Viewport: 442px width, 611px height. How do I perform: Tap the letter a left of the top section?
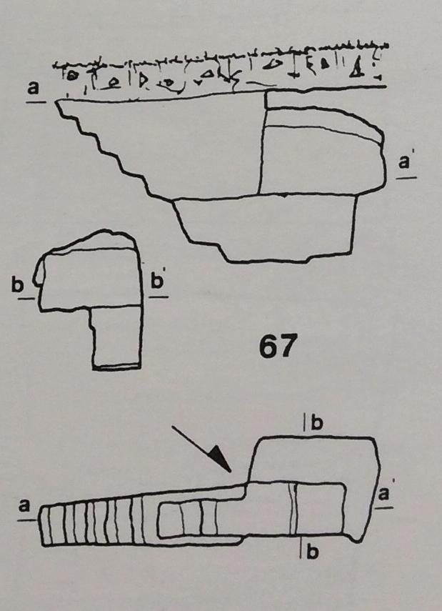(x=33, y=87)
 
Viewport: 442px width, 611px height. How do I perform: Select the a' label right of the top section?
(x=405, y=162)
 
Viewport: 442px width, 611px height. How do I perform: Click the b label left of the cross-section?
(x=18, y=285)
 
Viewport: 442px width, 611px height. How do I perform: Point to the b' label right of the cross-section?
(x=157, y=280)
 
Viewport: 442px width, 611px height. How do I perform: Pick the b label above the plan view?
(x=317, y=423)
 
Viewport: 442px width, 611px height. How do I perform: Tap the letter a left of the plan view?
(x=24, y=506)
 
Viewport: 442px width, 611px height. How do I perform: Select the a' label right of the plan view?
(x=384, y=493)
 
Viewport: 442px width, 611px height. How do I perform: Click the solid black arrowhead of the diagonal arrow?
(x=221, y=460)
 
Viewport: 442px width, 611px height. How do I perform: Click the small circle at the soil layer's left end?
(x=71, y=76)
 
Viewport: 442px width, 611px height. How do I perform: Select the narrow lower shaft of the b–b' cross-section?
(x=117, y=337)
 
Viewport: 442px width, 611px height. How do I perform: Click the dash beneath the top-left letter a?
(x=36, y=102)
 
